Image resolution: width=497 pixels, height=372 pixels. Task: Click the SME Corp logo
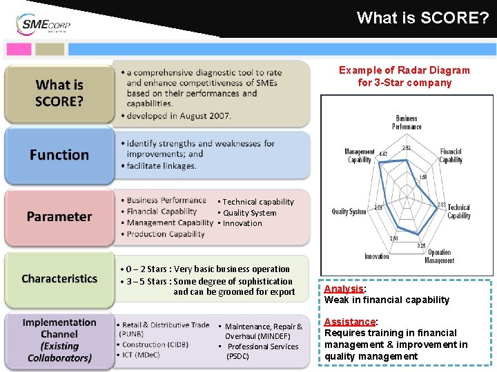coord(43,25)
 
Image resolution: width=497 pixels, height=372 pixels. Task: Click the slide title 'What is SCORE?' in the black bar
coord(422,18)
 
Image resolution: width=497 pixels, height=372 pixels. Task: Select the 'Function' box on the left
coord(59,155)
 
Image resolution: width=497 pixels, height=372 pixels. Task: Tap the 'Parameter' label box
coord(59,216)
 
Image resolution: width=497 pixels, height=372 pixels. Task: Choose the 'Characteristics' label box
coord(59,278)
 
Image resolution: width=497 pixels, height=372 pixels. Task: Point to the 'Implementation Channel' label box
coord(59,340)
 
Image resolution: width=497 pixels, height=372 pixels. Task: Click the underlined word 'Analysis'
coord(344,289)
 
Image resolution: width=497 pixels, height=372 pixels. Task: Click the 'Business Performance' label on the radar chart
coord(407,123)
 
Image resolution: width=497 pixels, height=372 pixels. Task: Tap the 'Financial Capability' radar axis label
coord(451,156)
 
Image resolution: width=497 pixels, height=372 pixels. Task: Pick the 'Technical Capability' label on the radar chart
coord(459,211)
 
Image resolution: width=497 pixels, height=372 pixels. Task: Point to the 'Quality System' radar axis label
coord(349,211)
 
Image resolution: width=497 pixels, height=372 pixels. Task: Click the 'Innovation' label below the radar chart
coord(377,256)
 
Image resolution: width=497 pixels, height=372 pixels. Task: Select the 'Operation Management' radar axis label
coord(439,257)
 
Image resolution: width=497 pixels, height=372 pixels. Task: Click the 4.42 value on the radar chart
coord(383,154)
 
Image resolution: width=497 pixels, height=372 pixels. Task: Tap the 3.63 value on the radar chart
coord(441,205)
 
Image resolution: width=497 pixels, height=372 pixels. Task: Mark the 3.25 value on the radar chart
coord(420,245)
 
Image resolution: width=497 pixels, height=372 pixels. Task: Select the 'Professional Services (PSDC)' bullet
coord(262,351)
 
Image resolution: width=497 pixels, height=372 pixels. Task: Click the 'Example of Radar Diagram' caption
coord(404,70)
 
